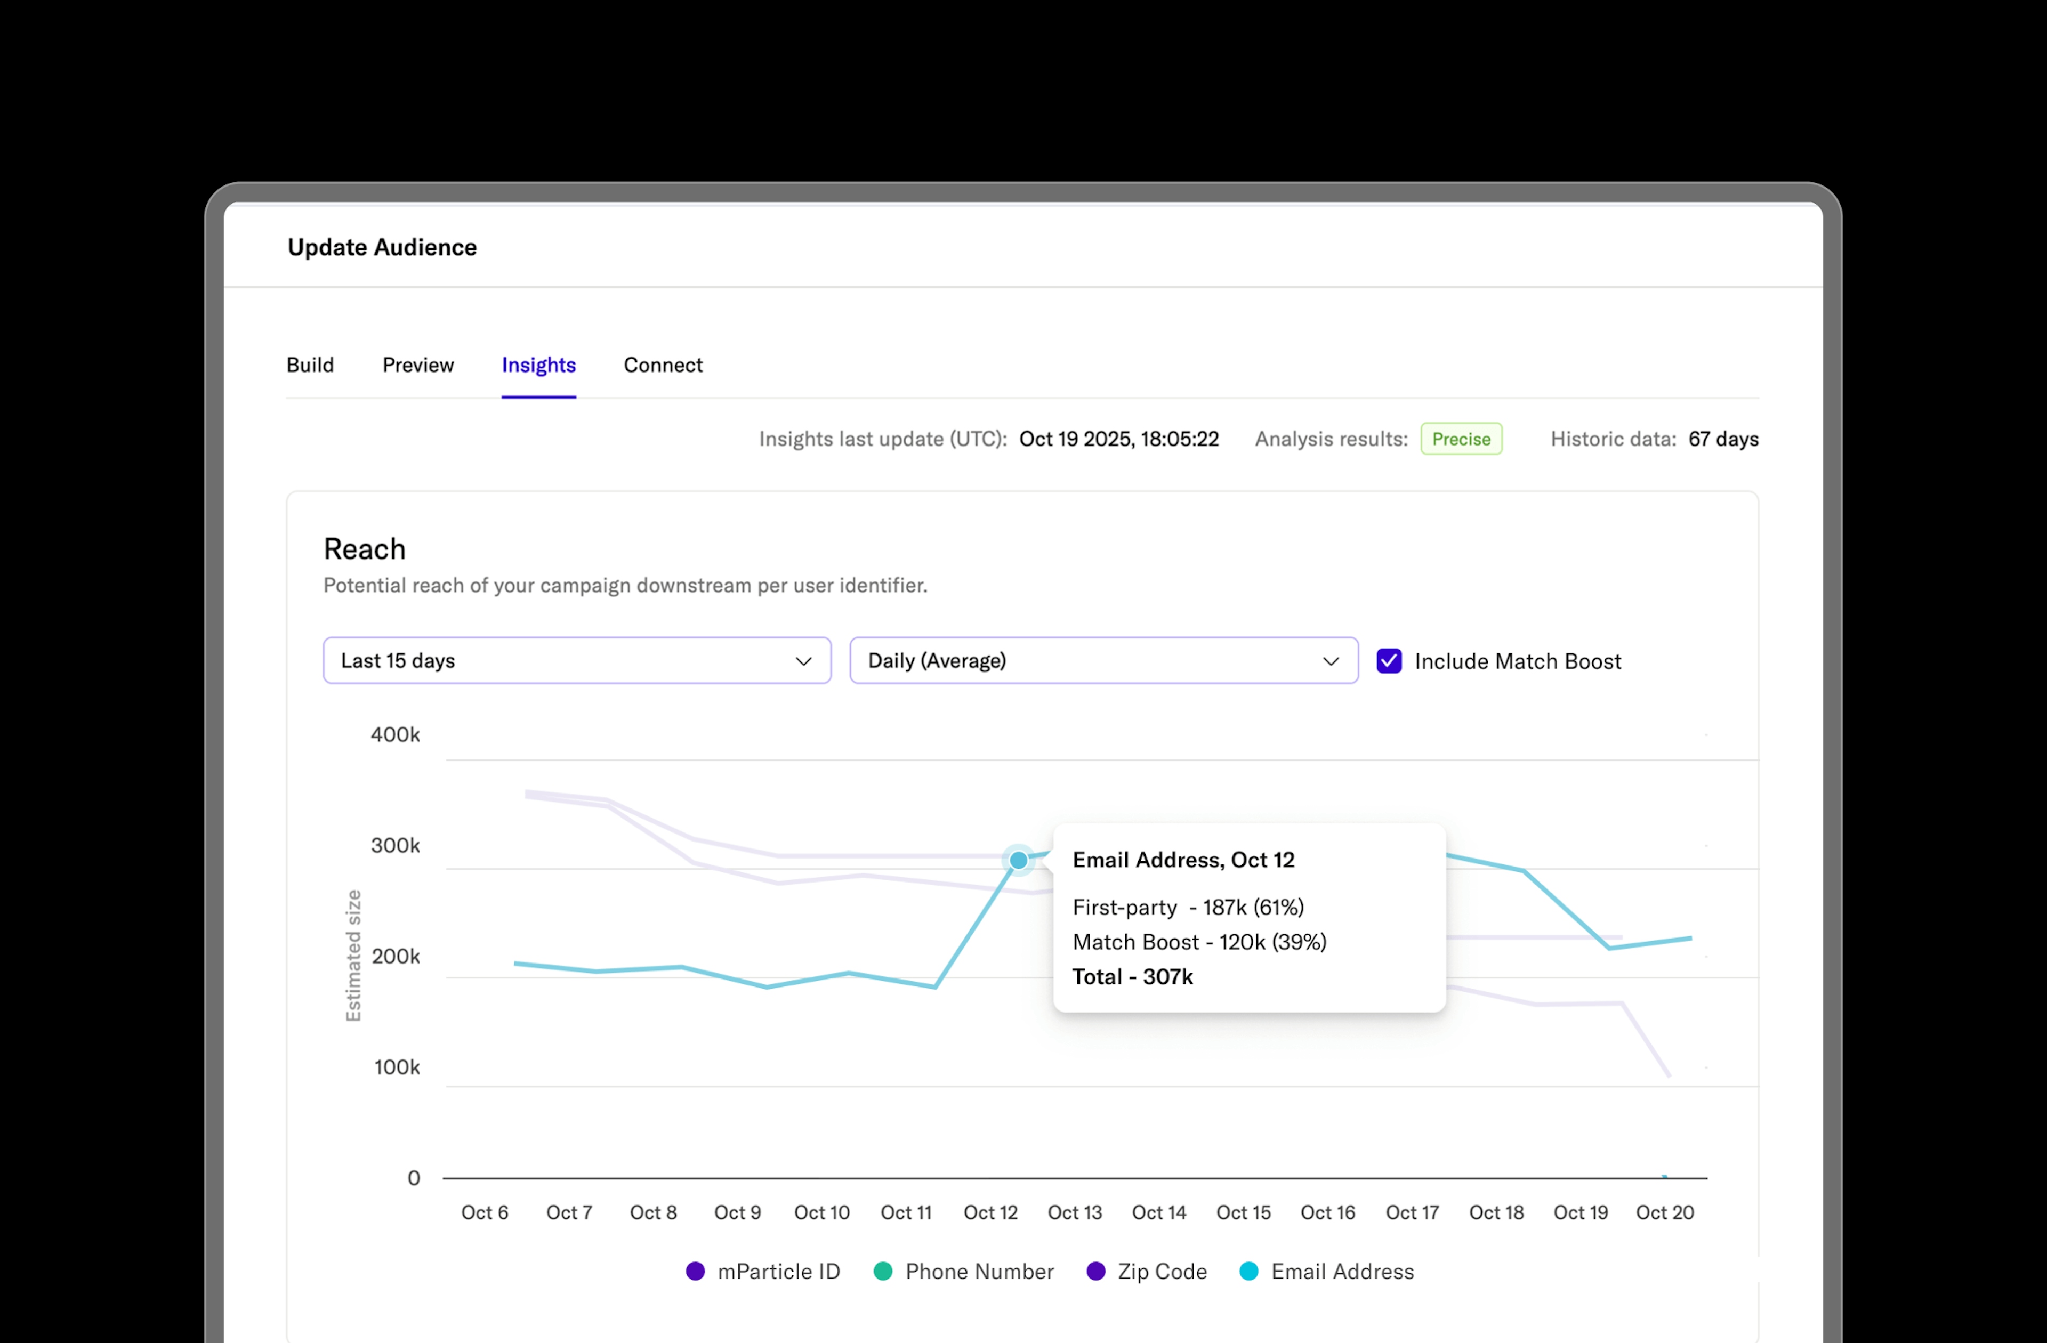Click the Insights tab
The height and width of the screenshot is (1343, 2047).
538,366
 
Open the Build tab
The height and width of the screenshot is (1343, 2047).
310,366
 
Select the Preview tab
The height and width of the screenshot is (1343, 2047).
418,366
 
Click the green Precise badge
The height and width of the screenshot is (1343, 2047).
1461,439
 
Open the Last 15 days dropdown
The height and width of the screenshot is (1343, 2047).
576,661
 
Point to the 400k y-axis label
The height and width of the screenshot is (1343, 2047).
395,735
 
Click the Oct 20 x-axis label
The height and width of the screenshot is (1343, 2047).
1664,1213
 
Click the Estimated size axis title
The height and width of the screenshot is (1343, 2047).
353,956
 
